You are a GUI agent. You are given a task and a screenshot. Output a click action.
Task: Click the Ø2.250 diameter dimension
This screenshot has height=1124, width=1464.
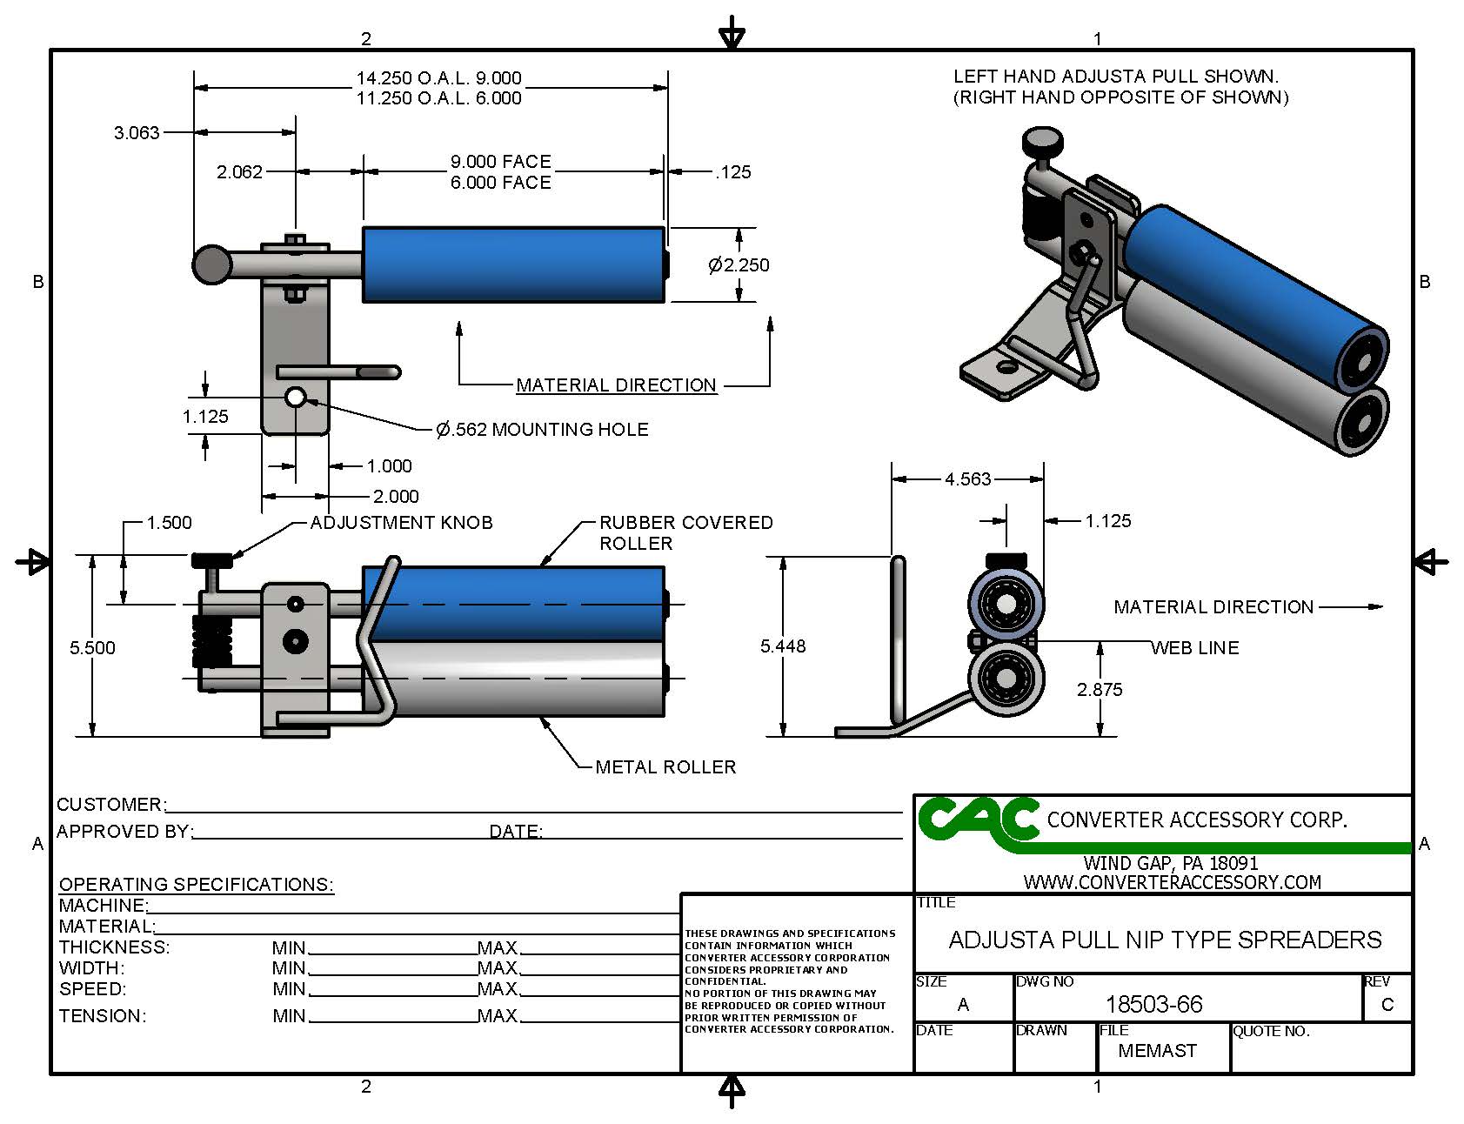coord(739,265)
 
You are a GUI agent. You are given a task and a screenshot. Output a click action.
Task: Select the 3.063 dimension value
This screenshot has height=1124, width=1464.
coord(137,133)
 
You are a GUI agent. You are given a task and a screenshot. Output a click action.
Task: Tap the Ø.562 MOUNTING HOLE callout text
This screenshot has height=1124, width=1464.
coord(542,429)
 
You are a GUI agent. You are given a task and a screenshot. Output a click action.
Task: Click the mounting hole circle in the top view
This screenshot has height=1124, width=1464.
coord(296,398)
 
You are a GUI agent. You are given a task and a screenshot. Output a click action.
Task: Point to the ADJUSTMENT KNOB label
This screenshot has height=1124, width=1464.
coord(401,523)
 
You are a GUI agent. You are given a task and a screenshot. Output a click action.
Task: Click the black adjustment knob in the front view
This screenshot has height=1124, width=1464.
coord(211,559)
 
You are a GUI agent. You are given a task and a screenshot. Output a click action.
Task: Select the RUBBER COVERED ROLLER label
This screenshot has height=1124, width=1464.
coord(685,532)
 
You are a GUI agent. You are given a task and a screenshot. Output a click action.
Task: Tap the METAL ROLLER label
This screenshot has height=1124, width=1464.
coord(665,767)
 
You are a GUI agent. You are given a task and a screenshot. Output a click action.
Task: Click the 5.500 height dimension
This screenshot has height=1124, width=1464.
coord(92,648)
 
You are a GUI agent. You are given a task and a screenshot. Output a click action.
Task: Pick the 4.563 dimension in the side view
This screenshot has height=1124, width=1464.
coord(967,479)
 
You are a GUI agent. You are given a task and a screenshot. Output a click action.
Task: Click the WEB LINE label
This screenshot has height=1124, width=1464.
coord(1194,648)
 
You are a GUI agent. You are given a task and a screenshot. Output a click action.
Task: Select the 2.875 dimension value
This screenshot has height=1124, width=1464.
coord(1100,690)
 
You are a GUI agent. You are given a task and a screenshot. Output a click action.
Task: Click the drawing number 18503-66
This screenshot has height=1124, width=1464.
coord(1153,1005)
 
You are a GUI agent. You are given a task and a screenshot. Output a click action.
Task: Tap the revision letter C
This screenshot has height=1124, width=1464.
coord(1387,1005)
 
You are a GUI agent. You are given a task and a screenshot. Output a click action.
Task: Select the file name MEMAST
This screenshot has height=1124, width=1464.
coord(1157,1051)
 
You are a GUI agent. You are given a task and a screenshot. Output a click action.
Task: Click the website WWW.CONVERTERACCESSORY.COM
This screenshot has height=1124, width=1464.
coord(1172,882)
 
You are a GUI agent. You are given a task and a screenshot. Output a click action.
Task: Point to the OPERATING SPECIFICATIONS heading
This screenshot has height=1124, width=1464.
coord(196,885)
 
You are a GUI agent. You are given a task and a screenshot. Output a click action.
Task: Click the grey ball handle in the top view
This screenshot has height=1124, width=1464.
coord(211,264)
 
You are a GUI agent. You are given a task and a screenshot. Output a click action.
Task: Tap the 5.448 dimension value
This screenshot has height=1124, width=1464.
coord(783,646)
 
